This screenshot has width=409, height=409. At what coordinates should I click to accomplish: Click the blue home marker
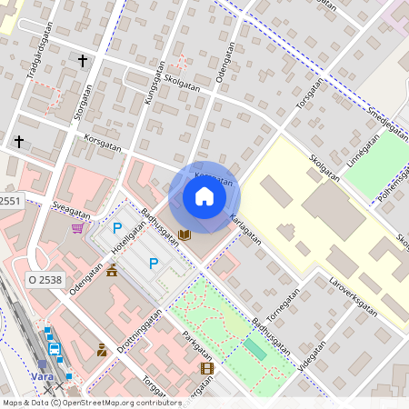pyautogui.click(x=204, y=196)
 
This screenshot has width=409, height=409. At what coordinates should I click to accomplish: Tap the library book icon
pyautogui.click(x=185, y=234)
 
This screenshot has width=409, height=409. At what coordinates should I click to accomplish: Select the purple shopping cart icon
pyautogui.click(x=77, y=227)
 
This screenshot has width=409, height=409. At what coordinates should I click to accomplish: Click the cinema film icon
pyautogui.click(x=207, y=368)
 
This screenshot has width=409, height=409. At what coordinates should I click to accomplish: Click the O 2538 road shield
pyautogui.click(x=45, y=280)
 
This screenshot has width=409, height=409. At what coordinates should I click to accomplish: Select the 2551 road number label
pyautogui.click(x=9, y=201)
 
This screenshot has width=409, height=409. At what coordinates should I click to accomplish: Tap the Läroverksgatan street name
pyautogui.click(x=353, y=290)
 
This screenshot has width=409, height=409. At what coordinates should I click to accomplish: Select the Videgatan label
pyautogui.click(x=312, y=359)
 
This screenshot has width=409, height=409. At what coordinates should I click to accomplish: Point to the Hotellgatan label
pyautogui.click(x=128, y=233)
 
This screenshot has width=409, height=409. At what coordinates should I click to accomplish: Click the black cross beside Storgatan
pyautogui.click(x=83, y=61)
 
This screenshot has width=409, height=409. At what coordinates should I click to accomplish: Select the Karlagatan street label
pyautogui.click(x=245, y=230)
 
